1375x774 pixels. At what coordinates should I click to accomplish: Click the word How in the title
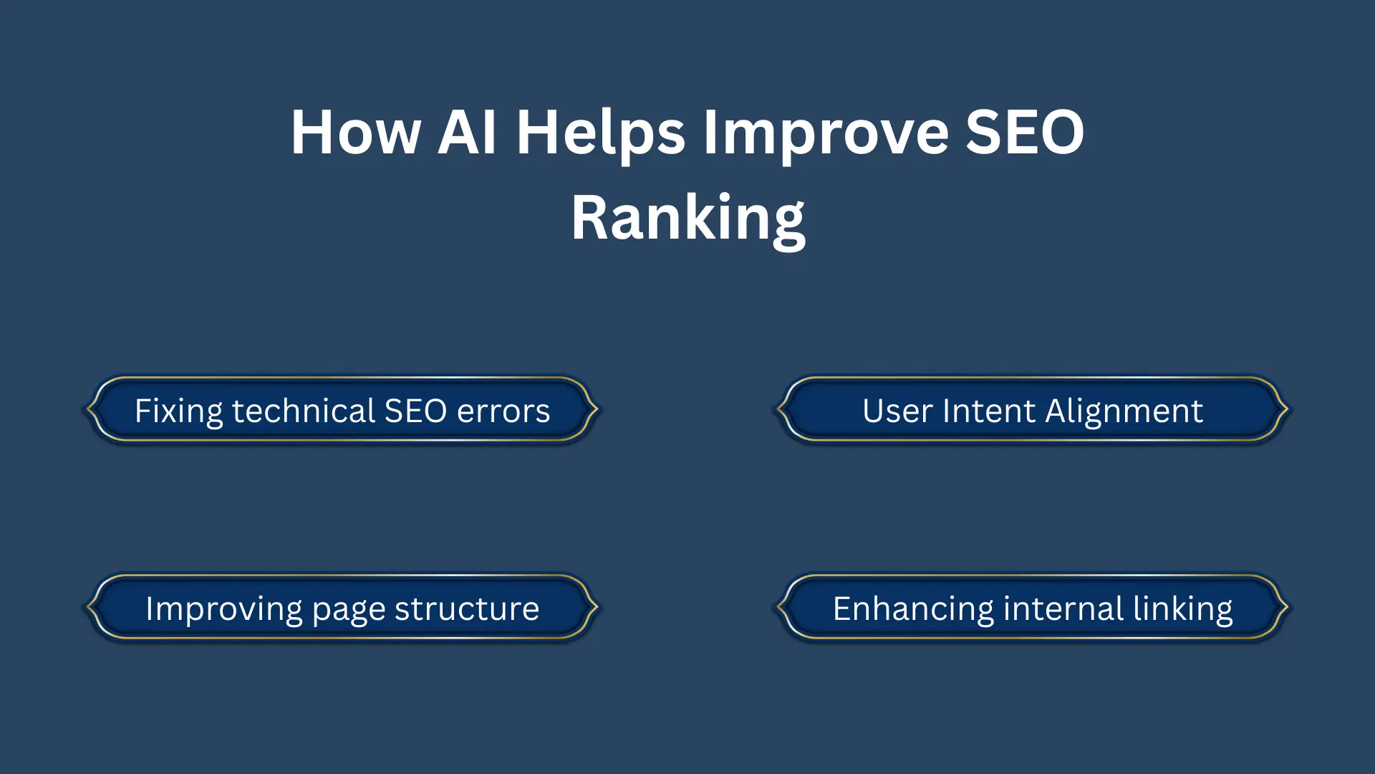point(356,133)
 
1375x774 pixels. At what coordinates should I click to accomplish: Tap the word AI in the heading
point(467,133)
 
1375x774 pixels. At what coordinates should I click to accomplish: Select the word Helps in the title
point(601,134)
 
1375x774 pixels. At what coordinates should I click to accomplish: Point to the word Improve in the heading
point(826,134)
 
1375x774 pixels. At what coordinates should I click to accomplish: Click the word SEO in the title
point(1025,133)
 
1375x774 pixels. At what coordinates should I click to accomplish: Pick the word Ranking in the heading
point(687,219)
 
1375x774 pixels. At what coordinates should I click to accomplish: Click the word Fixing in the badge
point(178,412)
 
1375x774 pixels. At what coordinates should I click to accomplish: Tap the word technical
point(304,411)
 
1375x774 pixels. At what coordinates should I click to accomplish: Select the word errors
point(503,411)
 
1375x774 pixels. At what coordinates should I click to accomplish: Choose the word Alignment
point(1124,412)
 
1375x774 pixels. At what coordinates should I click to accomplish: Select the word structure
point(466,609)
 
